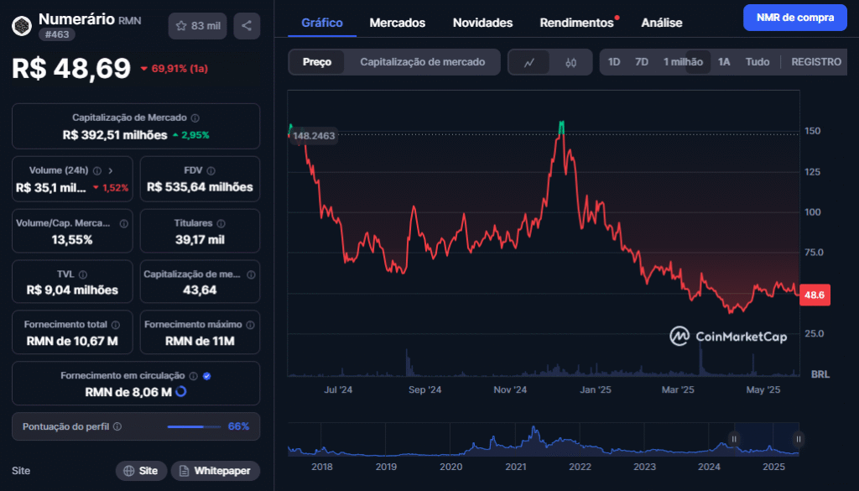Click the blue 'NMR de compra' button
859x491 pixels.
point(794,18)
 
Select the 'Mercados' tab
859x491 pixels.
point(397,23)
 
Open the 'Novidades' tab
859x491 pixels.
point(482,23)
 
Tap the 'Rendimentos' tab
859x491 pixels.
point(576,23)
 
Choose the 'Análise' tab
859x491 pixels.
point(661,23)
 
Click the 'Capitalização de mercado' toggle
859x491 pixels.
point(422,62)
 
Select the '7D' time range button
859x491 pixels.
point(642,62)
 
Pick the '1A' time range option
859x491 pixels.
point(724,62)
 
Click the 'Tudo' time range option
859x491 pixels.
point(757,62)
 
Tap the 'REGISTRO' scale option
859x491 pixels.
point(815,62)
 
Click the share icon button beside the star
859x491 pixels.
point(247,26)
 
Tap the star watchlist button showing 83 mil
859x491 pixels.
point(197,26)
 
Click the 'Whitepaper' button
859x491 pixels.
point(216,471)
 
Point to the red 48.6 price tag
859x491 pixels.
point(815,295)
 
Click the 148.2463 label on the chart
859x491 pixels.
point(314,136)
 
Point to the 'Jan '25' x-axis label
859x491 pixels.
point(595,390)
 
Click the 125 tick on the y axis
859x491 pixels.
point(813,172)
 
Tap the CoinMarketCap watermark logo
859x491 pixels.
point(728,337)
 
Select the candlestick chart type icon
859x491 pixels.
point(570,62)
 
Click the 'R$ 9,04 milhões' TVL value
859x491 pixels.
point(72,290)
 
